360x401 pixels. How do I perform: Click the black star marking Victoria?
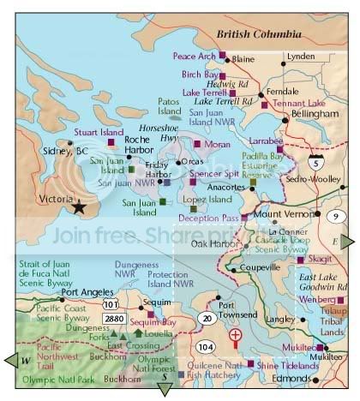(80, 206)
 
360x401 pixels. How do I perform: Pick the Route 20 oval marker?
(206, 318)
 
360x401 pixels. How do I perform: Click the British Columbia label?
(259, 33)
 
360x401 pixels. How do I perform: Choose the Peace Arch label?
(194, 56)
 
